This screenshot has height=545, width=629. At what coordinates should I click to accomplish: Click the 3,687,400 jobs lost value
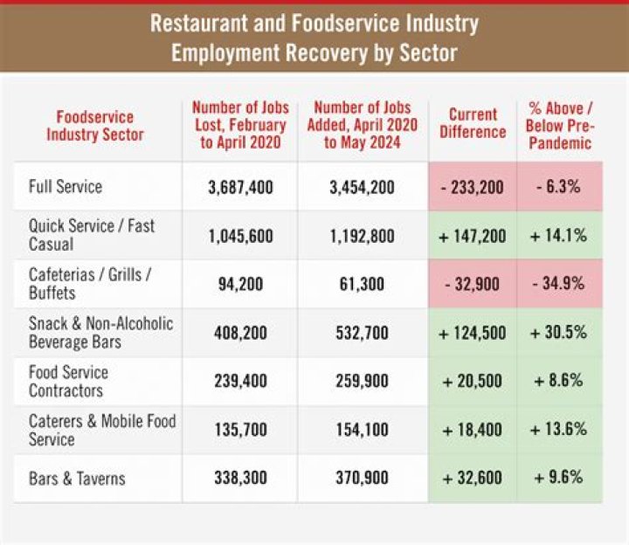click(x=240, y=187)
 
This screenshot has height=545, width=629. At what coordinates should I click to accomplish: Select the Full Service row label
click(x=66, y=187)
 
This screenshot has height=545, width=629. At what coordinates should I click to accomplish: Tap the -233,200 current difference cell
click(x=472, y=187)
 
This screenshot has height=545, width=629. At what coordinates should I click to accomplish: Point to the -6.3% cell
click(x=559, y=187)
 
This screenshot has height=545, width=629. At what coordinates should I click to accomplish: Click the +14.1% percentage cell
click(x=558, y=236)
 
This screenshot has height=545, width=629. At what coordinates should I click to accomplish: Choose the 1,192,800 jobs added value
click(x=362, y=236)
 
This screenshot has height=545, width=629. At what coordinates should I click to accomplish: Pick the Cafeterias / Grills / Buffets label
click(x=90, y=284)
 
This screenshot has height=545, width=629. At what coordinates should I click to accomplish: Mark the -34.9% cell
click(x=558, y=284)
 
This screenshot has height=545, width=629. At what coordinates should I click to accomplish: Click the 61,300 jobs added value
click(x=362, y=285)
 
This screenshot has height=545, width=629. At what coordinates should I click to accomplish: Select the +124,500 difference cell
click(x=472, y=334)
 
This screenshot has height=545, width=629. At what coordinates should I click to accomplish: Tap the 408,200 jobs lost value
click(x=240, y=334)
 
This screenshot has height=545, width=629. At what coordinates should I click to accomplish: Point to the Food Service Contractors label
click(x=68, y=381)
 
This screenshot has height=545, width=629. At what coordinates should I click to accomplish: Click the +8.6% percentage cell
click(x=558, y=380)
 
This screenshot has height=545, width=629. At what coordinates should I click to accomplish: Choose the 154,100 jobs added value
click(x=362, y=430)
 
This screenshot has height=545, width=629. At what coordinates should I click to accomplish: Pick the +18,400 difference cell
click(x=472, y=430)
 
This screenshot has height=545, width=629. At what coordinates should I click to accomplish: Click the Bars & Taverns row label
click(x=77, y=479)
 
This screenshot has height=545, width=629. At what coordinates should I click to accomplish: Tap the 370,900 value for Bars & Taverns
click(x=362, y=478)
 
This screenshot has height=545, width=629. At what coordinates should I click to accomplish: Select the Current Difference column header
click(x=473, y=123)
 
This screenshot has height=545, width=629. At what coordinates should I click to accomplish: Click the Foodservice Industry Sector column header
click(x=94, y=126)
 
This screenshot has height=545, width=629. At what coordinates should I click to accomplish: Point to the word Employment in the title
click(x=225, y=53)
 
